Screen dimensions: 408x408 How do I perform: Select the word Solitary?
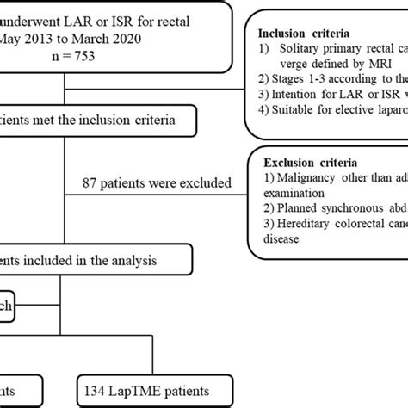(x=297, y=50)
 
